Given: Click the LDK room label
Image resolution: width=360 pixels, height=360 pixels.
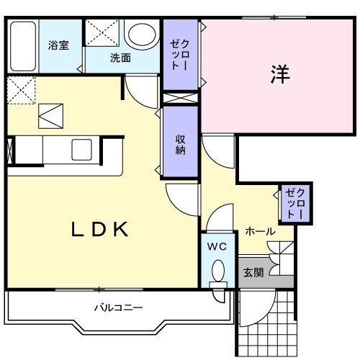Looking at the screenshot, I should click(x=99, y=230).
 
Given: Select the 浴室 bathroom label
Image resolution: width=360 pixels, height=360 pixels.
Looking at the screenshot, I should click(x=59, y=45).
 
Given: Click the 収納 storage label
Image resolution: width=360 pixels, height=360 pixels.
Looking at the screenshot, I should click(x=180, y=144).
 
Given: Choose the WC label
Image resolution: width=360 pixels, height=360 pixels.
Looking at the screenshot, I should click(x=217, y=246).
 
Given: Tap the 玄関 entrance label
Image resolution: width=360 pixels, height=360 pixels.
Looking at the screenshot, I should click(x=253, y=273).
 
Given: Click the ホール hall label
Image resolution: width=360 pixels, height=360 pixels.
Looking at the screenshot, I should click(x=259, y=231).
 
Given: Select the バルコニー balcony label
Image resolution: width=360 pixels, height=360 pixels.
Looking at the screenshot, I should click(x=119, y=307).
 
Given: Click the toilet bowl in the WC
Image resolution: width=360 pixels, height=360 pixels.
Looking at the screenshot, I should click(x=218, y=272).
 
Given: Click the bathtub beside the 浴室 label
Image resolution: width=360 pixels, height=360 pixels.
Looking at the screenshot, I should click(x=23, y=46).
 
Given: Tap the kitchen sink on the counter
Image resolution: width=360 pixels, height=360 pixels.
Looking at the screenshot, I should click(x=80, y=150).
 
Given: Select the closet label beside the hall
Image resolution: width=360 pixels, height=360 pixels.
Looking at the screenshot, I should click(x=295, y=203).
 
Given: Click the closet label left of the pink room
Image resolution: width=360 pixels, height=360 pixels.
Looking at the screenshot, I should click(x=179, y=53).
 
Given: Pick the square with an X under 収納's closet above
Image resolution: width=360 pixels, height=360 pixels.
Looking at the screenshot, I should click(x=179, y=98).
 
